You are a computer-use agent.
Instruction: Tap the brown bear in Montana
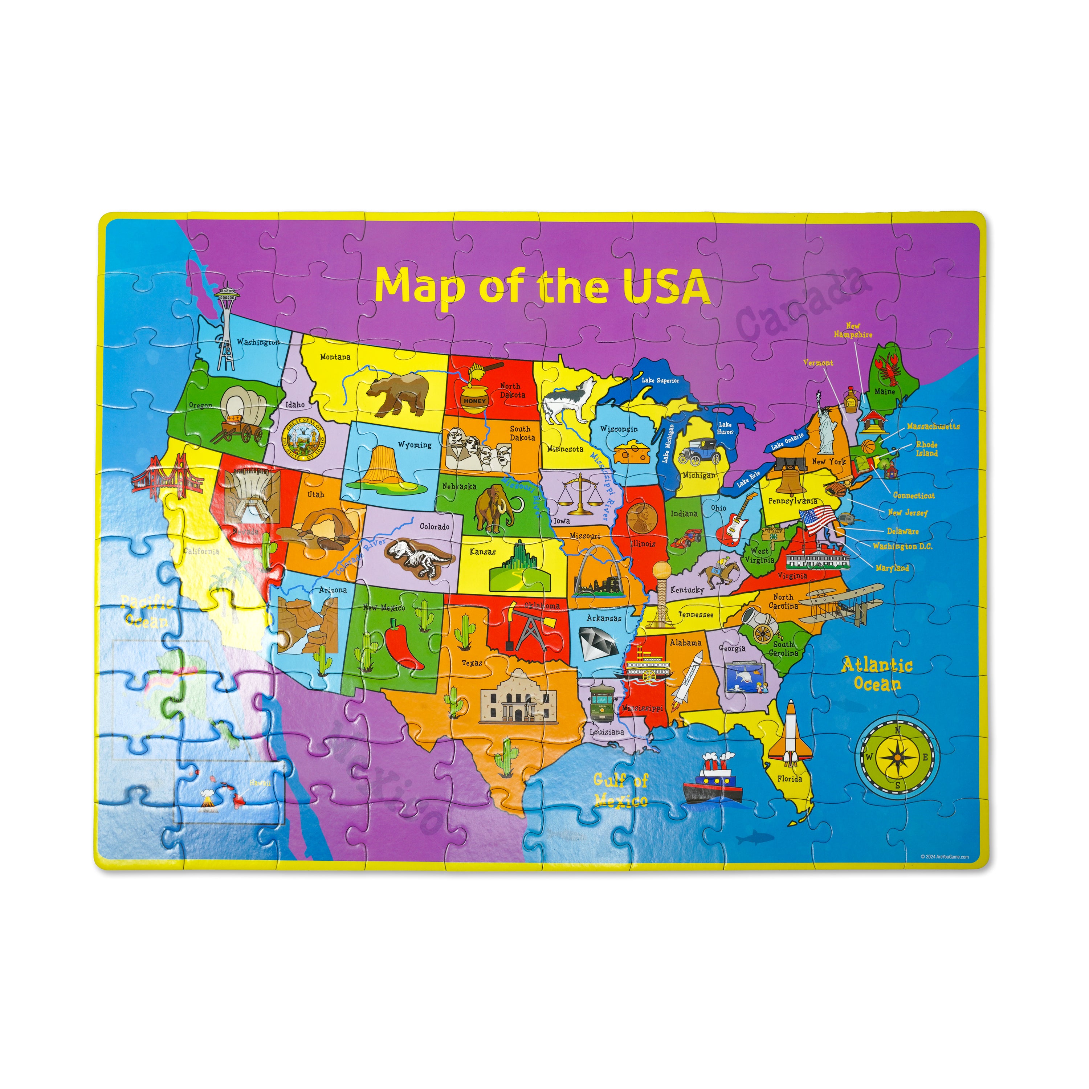pyautogui.click(x=398, y=393)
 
